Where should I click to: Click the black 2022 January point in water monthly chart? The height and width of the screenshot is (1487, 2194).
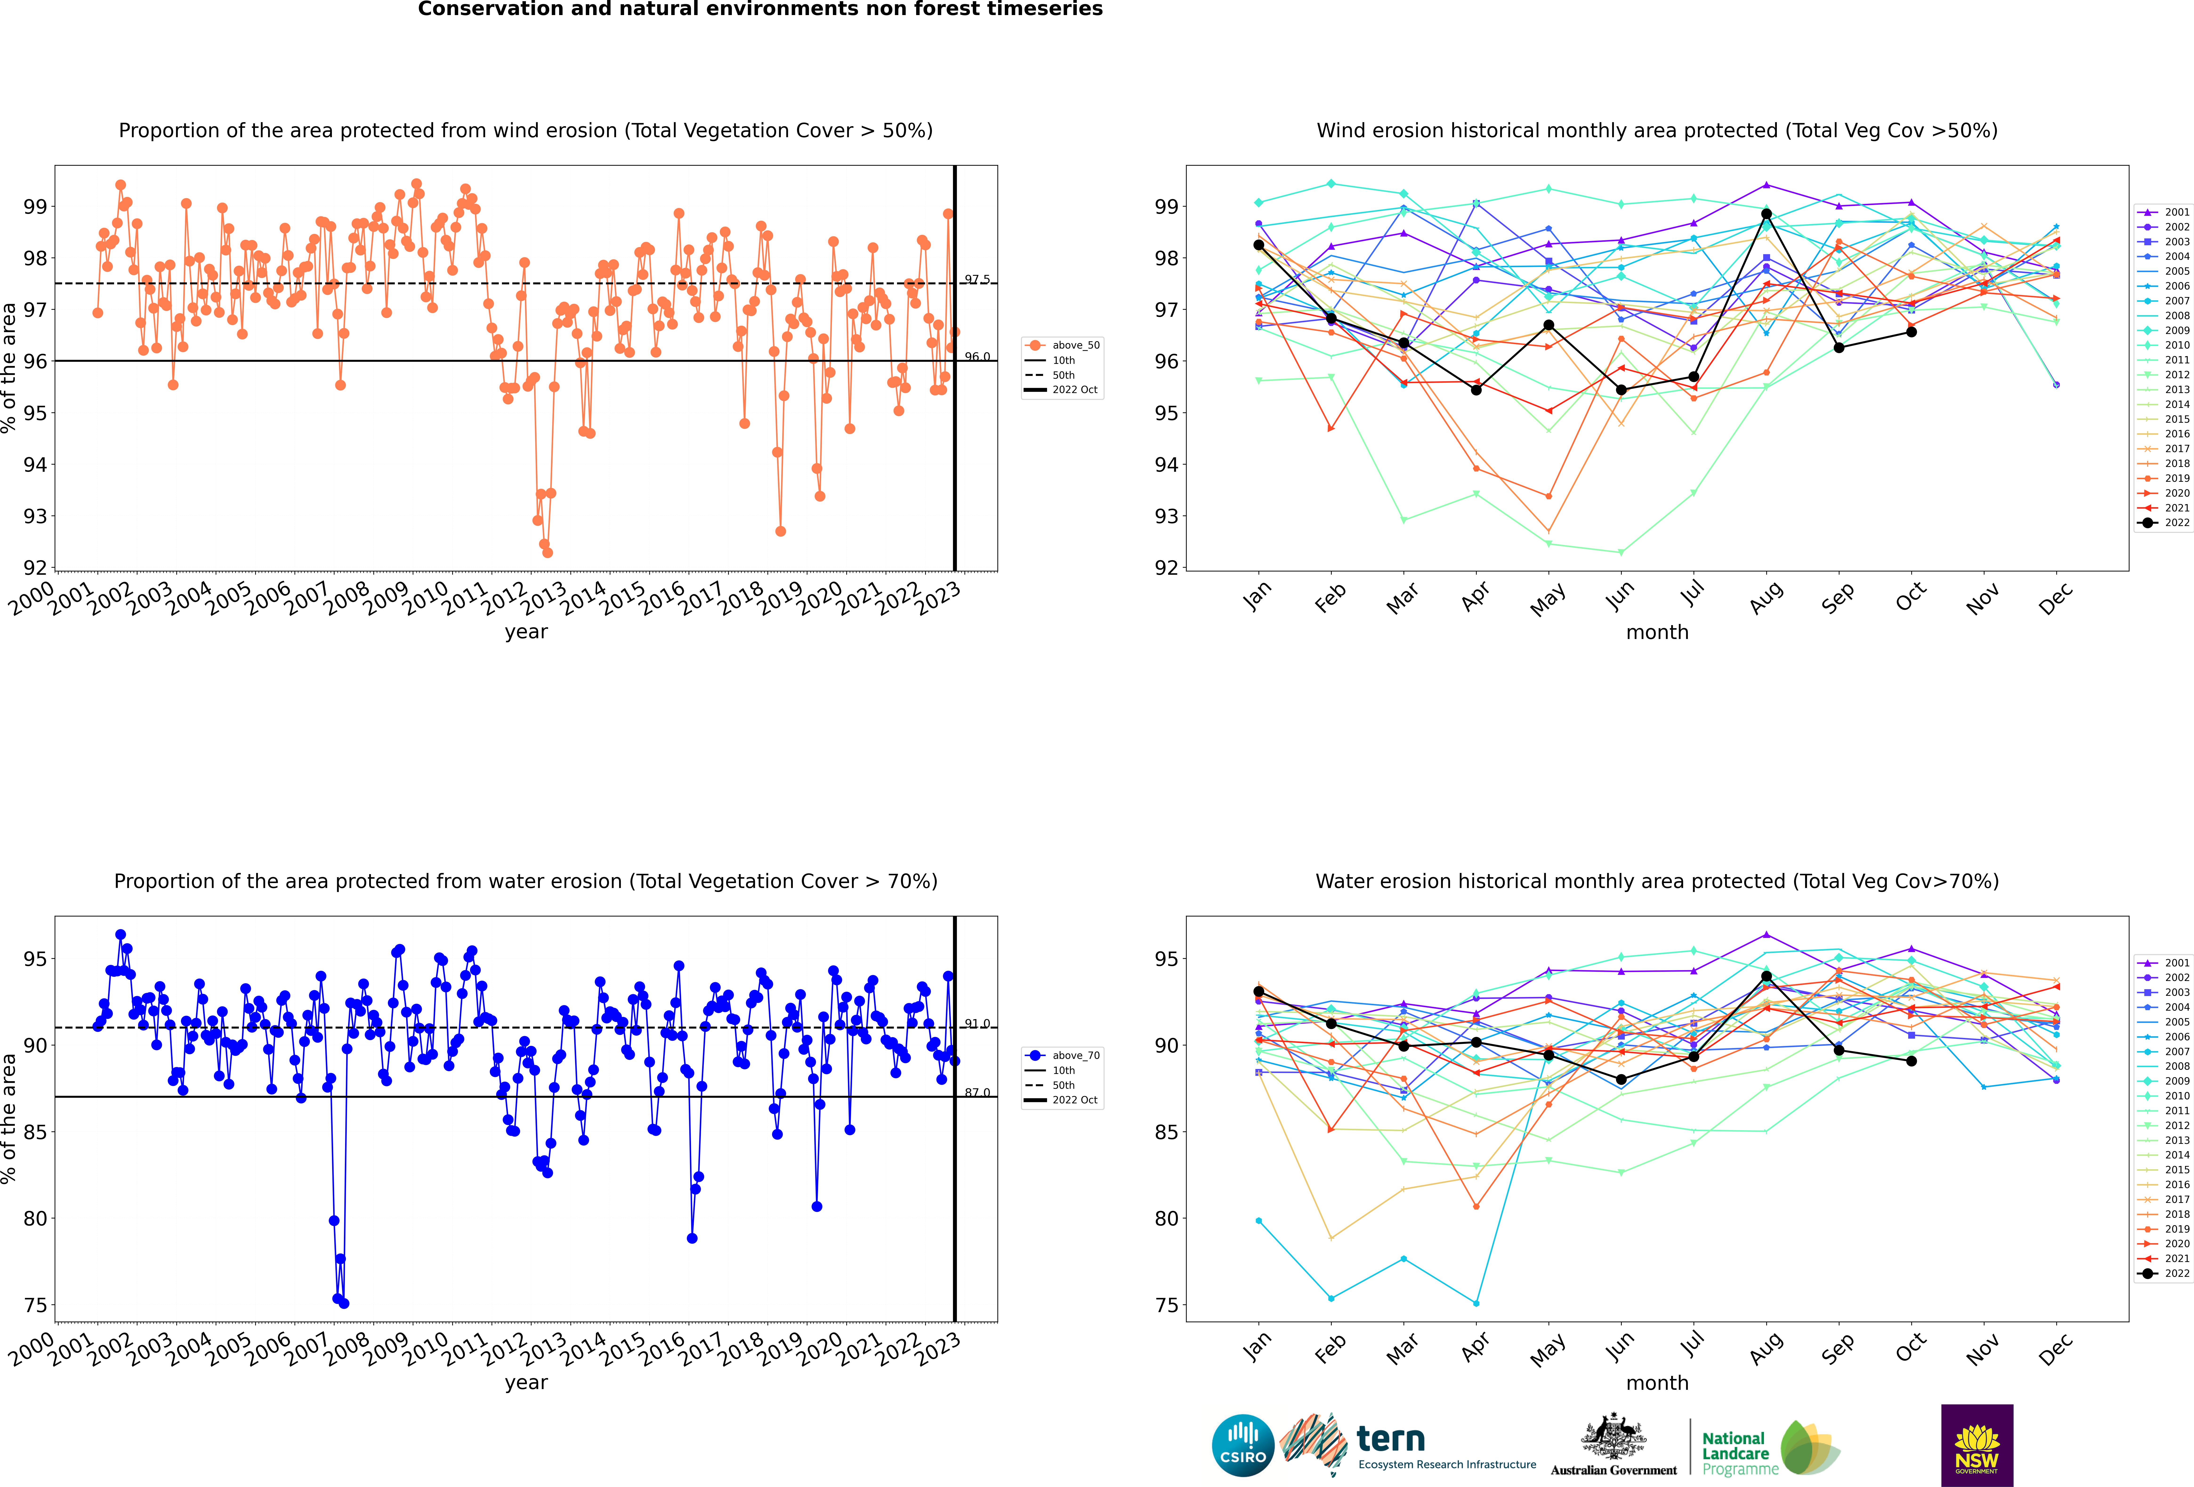1258,991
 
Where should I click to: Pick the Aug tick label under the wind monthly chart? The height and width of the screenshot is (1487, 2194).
1765,597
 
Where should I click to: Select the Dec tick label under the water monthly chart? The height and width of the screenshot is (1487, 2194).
2055,1348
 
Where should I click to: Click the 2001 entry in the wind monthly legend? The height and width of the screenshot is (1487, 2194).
2164,213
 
